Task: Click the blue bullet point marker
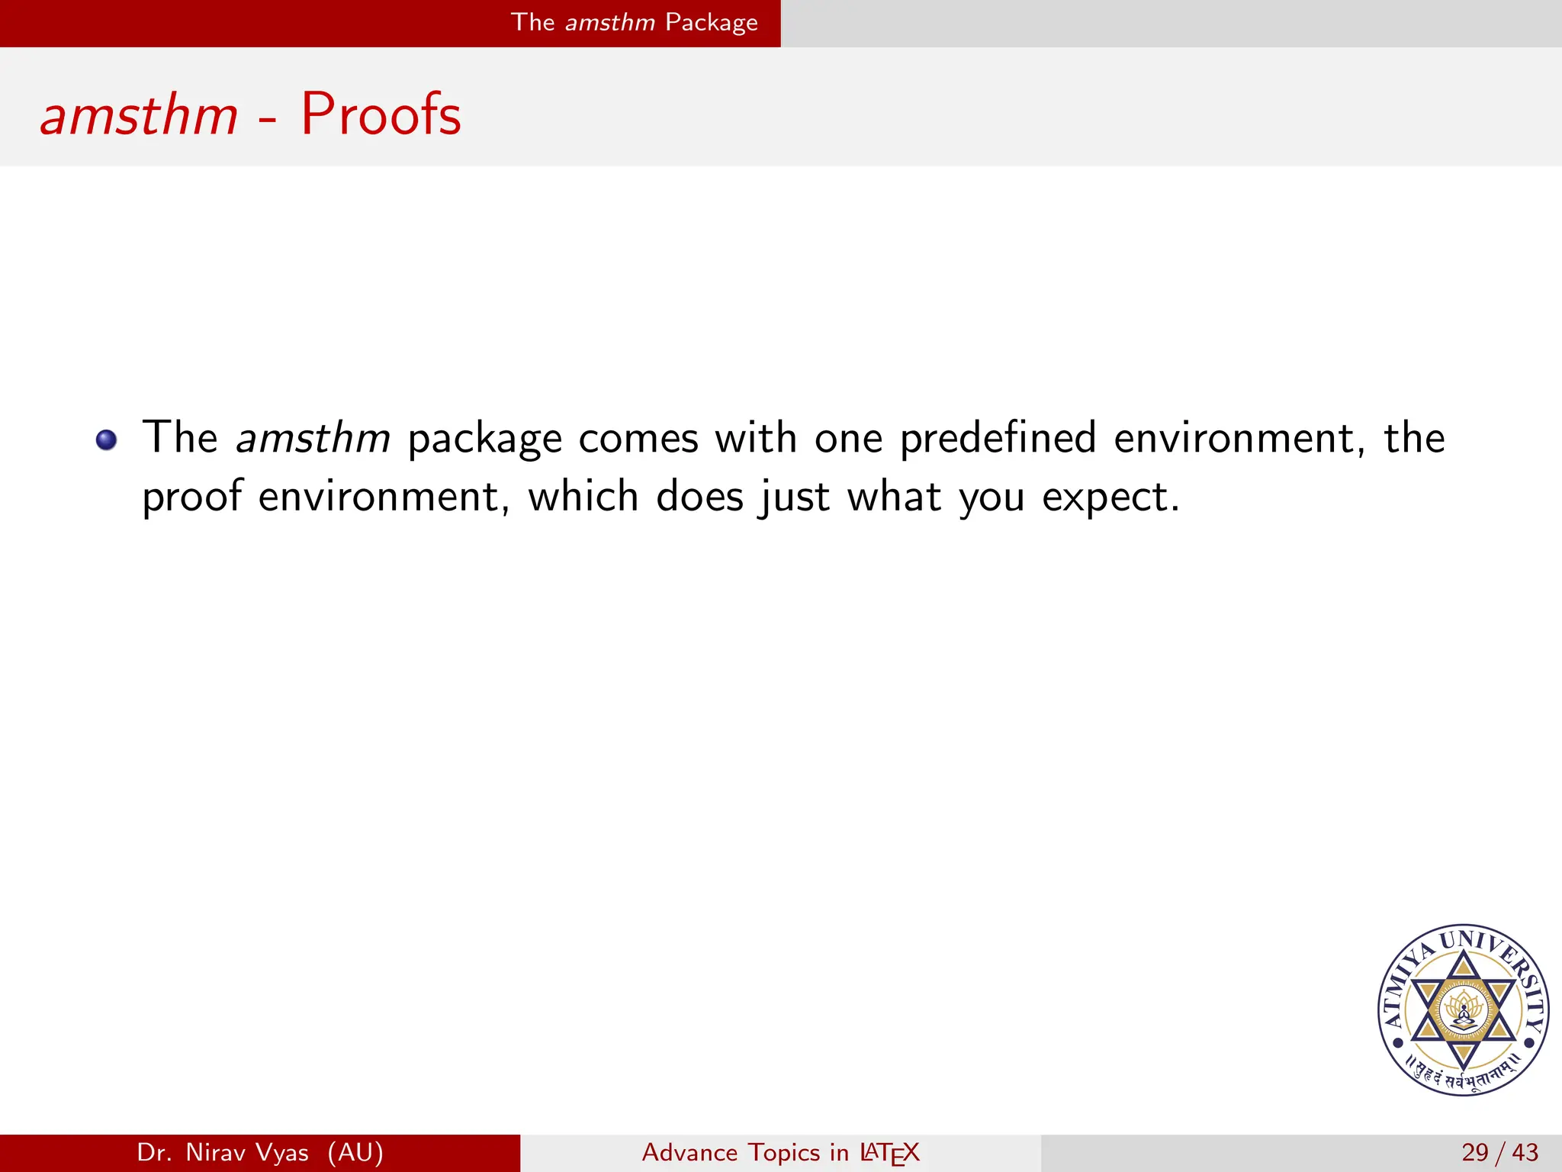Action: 107,440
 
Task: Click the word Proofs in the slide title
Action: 381,115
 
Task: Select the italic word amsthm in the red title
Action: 140,117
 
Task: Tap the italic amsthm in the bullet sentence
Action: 313,439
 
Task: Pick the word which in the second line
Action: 583,497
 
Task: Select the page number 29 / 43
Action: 1499,1152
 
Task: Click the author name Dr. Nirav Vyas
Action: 223,1152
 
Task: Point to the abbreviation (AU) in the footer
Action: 355,1152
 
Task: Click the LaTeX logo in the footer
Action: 889,1153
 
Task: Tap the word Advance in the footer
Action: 690,1152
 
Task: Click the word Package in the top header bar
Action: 712,22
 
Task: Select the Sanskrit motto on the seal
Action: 1462,1076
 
